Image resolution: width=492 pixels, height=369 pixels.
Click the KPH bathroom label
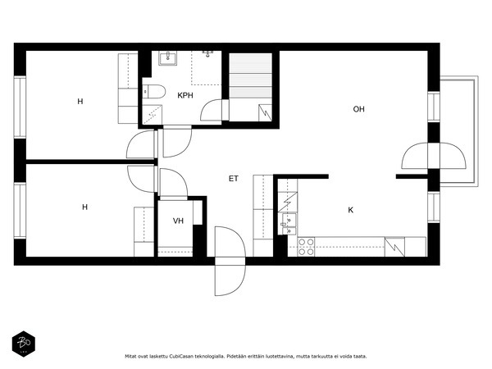click(185, 95)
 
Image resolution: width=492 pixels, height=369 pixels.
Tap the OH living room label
click(358, 109)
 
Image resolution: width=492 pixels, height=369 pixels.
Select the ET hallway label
click(234, 179)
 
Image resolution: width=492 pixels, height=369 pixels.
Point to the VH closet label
click(178, 221)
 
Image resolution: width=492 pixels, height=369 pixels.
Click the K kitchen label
click(351, 210)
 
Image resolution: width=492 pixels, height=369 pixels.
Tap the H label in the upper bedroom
click(80, 102)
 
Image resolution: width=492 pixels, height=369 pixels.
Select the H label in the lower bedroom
click(84, 207)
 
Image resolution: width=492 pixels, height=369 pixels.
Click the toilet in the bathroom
click(154, 92)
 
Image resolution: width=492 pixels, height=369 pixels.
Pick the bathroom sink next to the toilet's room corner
click(167, 58)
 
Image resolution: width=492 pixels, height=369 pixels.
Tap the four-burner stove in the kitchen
click(306, 247)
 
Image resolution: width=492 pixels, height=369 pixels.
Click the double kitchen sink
click(289, 224)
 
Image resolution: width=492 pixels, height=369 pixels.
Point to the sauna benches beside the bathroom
click(250, 75)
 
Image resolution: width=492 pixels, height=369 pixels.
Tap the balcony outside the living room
click(459, 131)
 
